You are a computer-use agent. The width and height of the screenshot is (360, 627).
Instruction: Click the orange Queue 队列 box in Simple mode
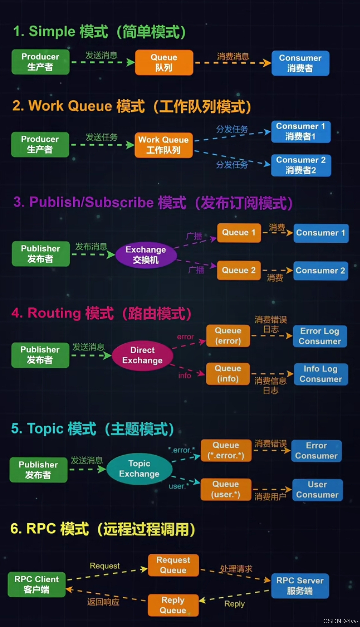click(164, 62)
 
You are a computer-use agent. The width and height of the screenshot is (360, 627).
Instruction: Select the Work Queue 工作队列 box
click(164, 145)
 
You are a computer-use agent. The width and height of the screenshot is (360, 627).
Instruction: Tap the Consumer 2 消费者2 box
click(301, 165)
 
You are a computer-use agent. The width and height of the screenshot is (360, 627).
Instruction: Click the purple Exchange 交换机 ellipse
click(146, 255)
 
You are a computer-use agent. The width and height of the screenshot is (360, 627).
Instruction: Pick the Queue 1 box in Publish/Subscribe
click(239, 233)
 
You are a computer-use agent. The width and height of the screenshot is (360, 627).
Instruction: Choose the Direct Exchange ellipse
click(142, 355)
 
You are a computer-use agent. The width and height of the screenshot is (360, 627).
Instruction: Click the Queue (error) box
click(228, 336)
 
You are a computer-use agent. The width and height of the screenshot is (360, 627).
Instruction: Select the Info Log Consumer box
click(321, 374)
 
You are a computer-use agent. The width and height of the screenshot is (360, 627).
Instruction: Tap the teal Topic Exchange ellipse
click(139, 469)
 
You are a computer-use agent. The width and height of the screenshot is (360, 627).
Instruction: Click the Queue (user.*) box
click(226, 489)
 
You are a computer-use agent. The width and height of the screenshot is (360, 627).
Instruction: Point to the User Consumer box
click(317, 490)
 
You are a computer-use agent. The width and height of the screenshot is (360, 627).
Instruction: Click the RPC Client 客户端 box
click(37, 584)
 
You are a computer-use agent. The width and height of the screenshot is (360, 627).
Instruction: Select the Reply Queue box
click(173, 605)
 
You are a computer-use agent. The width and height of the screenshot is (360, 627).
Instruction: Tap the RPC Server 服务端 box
click(300, 586)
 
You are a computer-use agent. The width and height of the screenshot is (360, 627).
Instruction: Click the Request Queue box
click(173, 565)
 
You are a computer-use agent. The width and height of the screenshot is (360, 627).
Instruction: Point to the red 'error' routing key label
click(185, 337)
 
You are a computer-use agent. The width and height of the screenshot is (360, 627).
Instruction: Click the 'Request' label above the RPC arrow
click(105, 566)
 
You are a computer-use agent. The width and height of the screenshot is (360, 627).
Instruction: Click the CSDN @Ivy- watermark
click(340, 621)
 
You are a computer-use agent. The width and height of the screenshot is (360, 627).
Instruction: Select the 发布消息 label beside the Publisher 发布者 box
click(91, 247)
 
